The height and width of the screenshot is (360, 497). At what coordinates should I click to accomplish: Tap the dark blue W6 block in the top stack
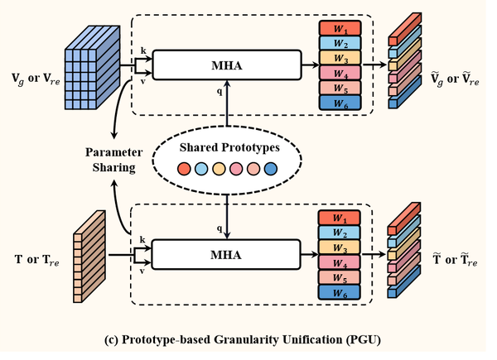[x=340, y=103]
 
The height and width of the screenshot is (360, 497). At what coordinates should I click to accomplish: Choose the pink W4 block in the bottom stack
[x=340, y=262]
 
